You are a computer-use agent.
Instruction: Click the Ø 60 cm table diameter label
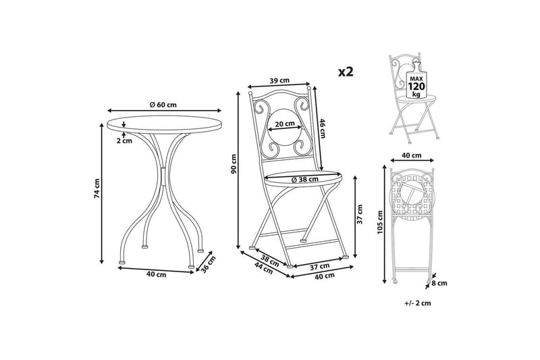pyautogui.click(x=163, y=105)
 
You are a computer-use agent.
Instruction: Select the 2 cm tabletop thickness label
pyautogui.click(x=124, y=140)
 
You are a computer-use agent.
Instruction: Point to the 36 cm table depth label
pyautogui.click(x=208, y=264)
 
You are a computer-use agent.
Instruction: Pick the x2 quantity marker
pyautogui.click(x=346, y=72)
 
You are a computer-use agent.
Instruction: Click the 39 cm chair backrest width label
pyautogui.click(x=279, y=80)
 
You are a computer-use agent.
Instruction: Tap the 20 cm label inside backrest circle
pyautogui.click(x=284, y=123)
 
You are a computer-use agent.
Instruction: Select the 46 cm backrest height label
pyautogui.click(x=323, y=128)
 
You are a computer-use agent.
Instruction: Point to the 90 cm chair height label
pyautogui.click(x=234, y=163)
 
